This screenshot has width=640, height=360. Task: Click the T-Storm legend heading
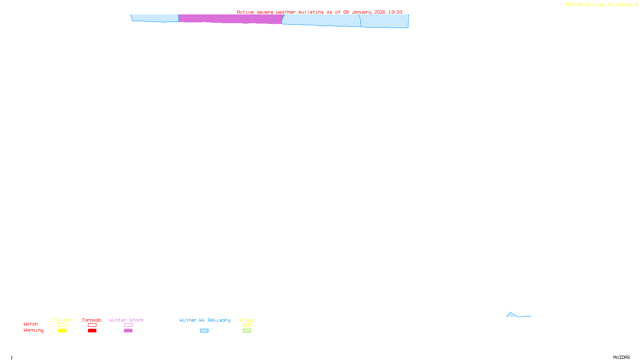click(62, 320)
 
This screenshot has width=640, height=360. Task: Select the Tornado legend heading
click(92, 320)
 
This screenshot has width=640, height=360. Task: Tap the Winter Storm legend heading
click(126, 320)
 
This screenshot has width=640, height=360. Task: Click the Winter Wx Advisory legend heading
click(205, 320)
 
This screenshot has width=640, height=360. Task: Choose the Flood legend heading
click(247, 320)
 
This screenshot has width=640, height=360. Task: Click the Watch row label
click(31, 324)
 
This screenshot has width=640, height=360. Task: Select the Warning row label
click(34, 330)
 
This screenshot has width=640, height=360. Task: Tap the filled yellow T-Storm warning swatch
click(62, 331)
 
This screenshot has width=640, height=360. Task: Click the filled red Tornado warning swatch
click(92, 331)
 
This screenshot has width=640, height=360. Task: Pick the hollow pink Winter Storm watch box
click(128, 325)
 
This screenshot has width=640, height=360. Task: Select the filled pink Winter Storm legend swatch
click(128, 331)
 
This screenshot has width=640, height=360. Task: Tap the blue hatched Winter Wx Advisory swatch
click(204, 331)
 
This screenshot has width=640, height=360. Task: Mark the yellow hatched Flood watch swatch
click(247, 325)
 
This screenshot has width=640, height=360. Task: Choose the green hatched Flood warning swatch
click(247, 331)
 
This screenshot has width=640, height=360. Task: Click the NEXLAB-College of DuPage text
click(600, 5)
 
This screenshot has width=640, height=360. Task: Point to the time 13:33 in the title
click(395, 12)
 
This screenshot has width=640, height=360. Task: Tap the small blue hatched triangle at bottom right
click(511, 315)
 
